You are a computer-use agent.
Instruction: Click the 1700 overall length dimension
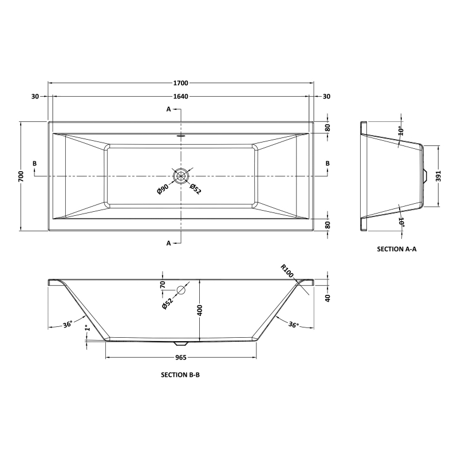pyautogui.click(x=181, y=83)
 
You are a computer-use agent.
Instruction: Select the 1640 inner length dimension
pyautogui.click(x=181, y=96)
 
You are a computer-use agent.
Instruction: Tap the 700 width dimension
pyautogui.click(x=21, y=176)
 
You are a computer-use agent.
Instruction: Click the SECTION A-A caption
pyautogui.click(x=397, y=249)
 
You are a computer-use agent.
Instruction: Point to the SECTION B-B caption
pyautogui.click(x=180, y=375)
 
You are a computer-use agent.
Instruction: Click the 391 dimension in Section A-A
pyautogui.click(x=439, y=176)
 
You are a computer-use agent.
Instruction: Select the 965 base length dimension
pyautogui.click(x=181, y=357)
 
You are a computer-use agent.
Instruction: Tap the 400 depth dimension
pyautogui.click(x=200, y=310)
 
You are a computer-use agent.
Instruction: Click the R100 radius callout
pyautogui.click(x=287, y=271)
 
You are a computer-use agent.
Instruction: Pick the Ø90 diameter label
pyautogui.click(x=163, y=189)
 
